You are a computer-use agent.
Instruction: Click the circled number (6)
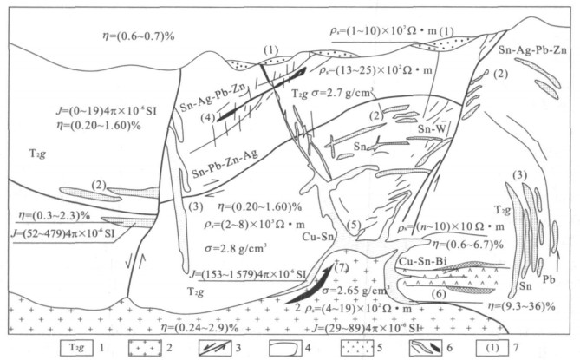tap(440, 296)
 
